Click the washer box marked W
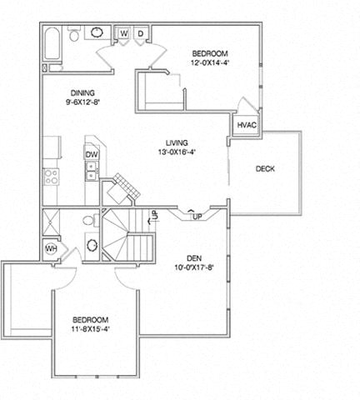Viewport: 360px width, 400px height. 124,33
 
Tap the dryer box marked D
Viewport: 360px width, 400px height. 141,33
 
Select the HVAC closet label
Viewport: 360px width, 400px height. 247,125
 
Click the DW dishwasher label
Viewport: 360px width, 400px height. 92,154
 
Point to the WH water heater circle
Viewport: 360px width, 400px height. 51,249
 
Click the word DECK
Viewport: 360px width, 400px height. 265,168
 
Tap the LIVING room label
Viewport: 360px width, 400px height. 177,142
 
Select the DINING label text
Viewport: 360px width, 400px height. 82,92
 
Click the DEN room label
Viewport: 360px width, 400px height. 194,258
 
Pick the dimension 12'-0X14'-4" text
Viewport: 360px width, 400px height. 210,62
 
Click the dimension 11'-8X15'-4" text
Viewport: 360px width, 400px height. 91,329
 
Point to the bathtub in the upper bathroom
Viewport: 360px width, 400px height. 52,43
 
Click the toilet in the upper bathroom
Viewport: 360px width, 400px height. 74,33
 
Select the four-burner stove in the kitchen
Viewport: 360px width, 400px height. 52,177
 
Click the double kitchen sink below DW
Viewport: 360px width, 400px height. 91,171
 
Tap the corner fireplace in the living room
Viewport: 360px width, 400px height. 121,190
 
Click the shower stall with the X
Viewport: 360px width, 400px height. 51,222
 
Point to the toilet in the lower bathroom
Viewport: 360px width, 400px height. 91,220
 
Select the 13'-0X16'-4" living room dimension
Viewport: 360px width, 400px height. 177,152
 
